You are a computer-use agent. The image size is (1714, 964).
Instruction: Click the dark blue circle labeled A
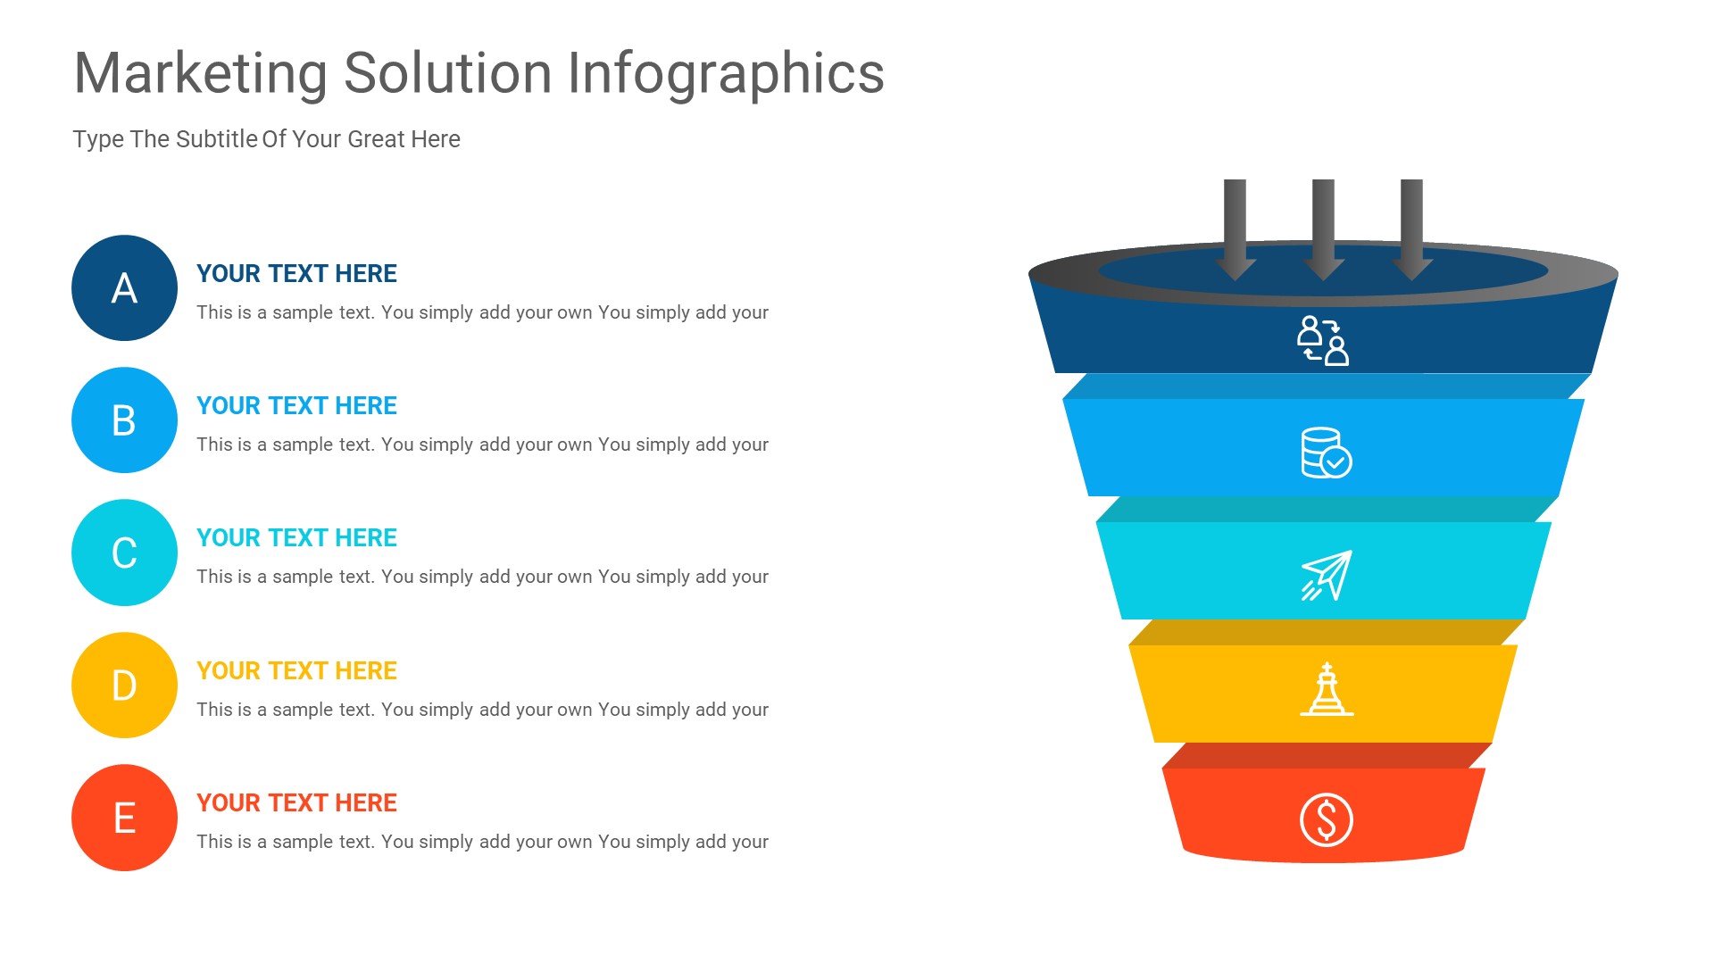tap(124, 287)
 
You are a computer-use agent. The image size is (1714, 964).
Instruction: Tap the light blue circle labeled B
tap(124, 420)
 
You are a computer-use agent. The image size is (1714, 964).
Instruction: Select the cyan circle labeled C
tap(124, 553)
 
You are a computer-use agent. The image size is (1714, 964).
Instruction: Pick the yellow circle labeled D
tap(124, 685)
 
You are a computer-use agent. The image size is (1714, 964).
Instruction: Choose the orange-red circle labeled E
tap(124, 818)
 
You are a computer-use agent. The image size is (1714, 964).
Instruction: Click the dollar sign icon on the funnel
tap(1326, 819)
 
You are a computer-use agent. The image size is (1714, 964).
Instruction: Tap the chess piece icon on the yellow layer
tap(1327, 690)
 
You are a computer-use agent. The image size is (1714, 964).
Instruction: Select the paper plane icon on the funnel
tap(1327, 576)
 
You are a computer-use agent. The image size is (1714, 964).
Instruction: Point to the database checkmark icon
tap(1326, 453)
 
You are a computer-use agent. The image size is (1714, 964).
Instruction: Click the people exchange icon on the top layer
tap(1323, 340)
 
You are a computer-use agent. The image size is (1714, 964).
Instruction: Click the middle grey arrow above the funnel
tap(1323, 228)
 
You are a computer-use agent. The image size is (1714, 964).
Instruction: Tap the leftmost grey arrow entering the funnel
tap(1235, 228)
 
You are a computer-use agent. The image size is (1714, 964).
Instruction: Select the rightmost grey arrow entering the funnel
tap(1411, 228)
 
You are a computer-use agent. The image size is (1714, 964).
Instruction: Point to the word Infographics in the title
tap(726, 73)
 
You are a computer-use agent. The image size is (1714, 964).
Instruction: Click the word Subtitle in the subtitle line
tap(217, 139)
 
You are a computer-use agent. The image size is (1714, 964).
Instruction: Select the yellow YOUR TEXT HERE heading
tap(296, 670)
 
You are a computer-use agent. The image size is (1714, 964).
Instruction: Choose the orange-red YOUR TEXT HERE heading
tap(296, 802)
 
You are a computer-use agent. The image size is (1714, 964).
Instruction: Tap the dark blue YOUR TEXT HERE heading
tap(296, 273)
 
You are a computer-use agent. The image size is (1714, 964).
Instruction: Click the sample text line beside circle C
tap(482, 577)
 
